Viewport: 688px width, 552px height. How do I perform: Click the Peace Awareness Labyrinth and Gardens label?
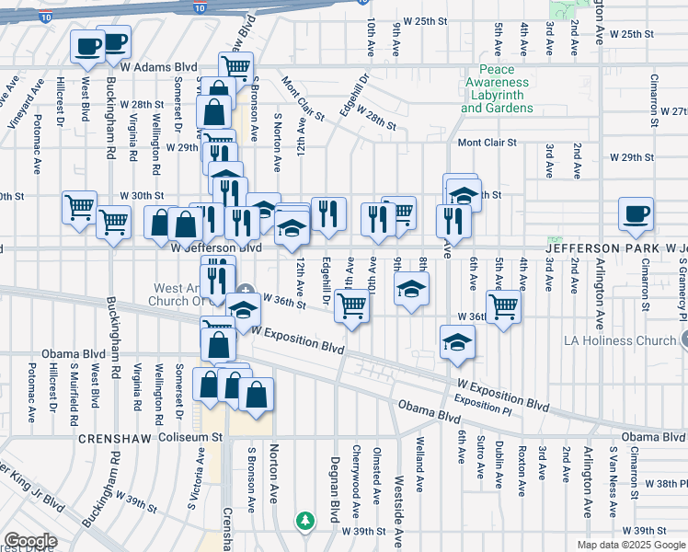(497, 89)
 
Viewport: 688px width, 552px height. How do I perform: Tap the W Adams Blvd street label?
(159, 67)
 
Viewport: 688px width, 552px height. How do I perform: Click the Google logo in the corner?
(30, 541)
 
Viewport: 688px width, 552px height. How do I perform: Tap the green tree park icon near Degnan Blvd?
(305, 521)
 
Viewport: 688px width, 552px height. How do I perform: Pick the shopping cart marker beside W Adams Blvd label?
(235, 67)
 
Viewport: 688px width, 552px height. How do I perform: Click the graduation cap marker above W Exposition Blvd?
(457, 343)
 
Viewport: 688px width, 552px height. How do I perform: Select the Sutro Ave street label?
(479, 460)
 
